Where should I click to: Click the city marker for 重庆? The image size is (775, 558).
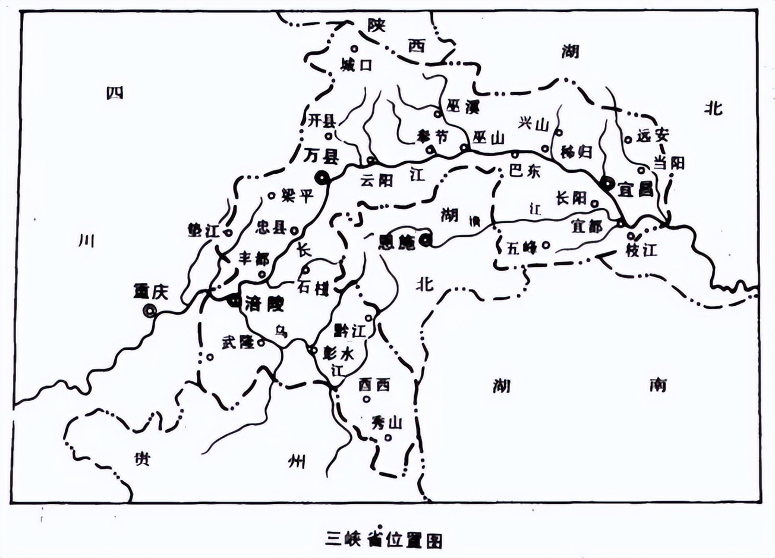click(149, 310)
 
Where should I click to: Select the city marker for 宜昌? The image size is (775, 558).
click(607, 183)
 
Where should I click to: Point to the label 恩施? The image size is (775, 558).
click(397, 242)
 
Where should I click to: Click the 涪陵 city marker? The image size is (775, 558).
click(233, 301)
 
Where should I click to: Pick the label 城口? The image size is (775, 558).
click(357, 65)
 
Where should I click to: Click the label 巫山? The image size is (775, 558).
click(489, 138)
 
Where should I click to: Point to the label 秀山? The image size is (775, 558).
click(387, 422)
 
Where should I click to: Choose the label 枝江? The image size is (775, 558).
click(641, 249)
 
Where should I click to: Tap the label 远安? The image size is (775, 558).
click(653, 136)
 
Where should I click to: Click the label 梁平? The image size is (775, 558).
click(297, 195)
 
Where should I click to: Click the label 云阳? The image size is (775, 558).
click(377, 180)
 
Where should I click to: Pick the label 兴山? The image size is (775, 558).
click(533, 123)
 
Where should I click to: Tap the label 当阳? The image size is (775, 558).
click(669, 162)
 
